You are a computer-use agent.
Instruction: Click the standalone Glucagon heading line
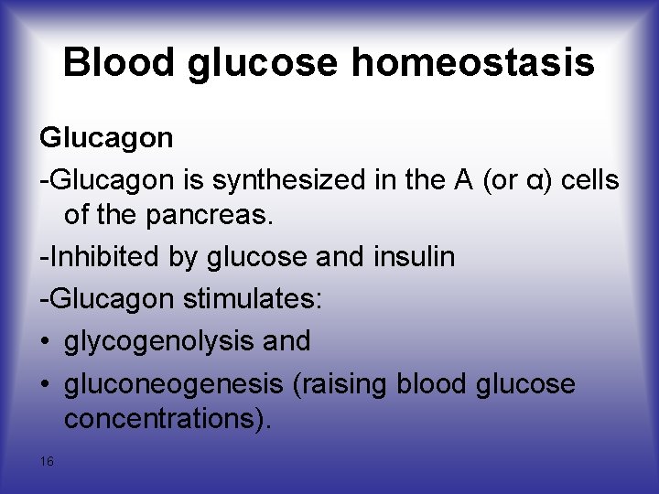105,138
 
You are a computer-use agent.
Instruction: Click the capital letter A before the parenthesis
464,180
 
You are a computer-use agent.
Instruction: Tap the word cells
590,180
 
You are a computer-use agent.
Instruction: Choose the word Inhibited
90,257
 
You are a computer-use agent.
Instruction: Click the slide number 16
47,461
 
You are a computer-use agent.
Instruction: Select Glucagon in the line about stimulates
110,299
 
